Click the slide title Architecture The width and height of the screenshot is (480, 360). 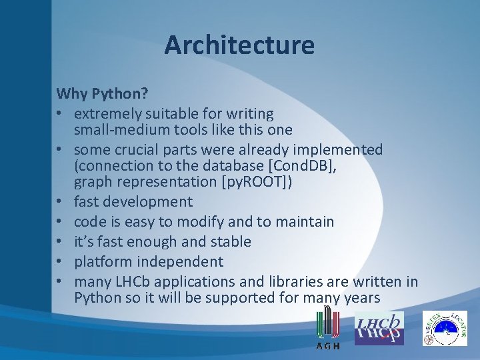coord(239,45)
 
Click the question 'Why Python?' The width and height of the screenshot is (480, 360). coord(102,93)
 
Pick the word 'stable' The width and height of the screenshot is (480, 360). coord(229,241)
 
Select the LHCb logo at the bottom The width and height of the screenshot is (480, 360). coord(379,327)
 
